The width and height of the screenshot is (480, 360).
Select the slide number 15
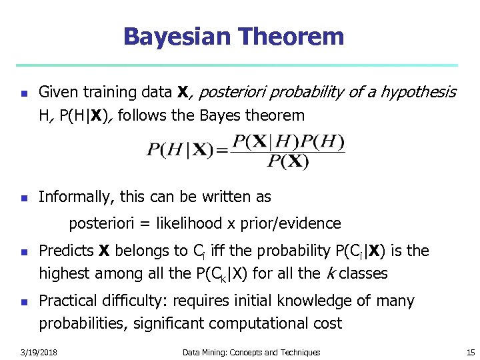[x=471, y=352]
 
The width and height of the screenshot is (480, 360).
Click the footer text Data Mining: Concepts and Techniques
[x=252, y=352]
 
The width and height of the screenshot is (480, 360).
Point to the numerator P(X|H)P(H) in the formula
[x=287, y=142]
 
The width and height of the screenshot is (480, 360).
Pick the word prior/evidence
[x=295, y=223]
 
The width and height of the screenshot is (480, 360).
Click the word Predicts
[x=67, y=251]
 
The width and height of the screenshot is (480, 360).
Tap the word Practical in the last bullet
[x=68, y=301]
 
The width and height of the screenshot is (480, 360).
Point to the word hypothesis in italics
[x=418, y=92]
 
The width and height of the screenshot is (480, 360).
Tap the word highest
[x=65, y=273]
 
